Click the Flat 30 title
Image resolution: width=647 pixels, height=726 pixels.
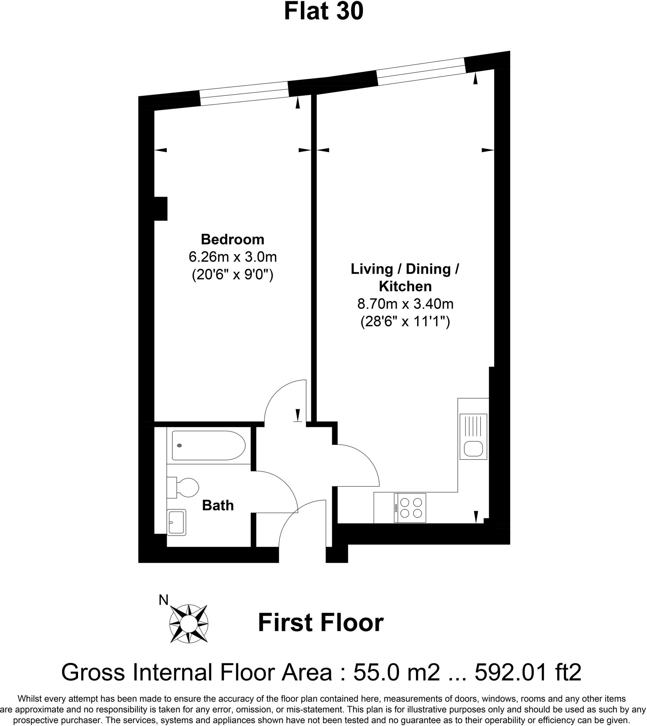pos(323,11)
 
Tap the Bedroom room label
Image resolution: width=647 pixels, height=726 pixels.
pos(232,239)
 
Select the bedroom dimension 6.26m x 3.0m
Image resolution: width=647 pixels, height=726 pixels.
pos(232,256)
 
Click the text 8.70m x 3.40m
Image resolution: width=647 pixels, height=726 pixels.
pos(405,304)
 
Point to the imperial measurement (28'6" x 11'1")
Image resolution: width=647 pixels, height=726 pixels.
pos(405,322)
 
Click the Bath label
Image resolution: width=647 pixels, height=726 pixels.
pos(217,505)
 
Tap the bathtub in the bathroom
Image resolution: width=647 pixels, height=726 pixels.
pos(208,445)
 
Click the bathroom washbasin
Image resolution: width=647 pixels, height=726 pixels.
pos(176,522)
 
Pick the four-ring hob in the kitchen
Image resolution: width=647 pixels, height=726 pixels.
pos(410,508)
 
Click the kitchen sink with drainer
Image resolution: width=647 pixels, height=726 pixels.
pos(473,436)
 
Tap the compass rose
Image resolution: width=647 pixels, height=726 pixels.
pos(189,624)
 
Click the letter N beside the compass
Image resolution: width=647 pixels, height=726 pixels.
pos(163,600)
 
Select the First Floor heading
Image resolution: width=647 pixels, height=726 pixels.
pos(321,623)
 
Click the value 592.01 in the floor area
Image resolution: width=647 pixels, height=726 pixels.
pos(510,672)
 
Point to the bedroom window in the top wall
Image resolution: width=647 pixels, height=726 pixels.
pos(244,94)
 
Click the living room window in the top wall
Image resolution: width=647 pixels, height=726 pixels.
pos(421,71)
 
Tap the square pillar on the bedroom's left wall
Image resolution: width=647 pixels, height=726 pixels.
pos(160,208)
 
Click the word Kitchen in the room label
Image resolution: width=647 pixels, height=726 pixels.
pos(405,286)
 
